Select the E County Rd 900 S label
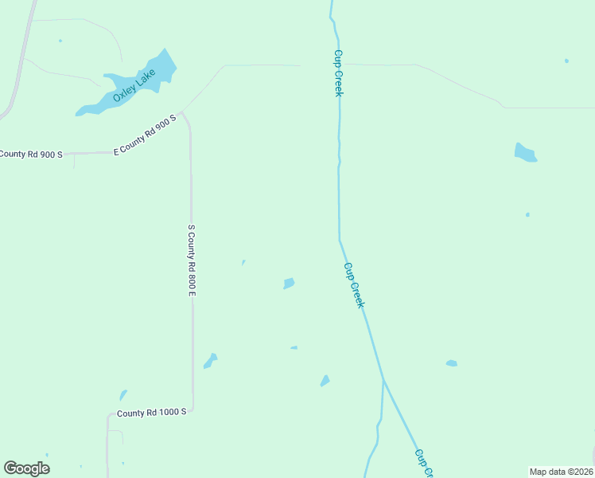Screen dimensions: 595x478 [144, 135]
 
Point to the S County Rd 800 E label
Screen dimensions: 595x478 [192, 261]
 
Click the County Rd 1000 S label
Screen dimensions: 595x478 [151, 413]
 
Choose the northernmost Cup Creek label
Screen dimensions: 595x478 [338, 73]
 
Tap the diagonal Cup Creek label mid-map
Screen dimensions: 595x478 [354, 285]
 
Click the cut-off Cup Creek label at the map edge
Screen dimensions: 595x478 [424, 463]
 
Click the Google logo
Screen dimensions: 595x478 [26, 468]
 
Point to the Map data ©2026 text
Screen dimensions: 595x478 [561, 472]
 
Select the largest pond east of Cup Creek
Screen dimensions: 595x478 [524, 152]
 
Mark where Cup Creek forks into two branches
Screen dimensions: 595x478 [383, 381]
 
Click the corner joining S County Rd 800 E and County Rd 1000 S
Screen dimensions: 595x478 [192, 409]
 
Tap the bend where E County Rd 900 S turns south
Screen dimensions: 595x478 [185, 114]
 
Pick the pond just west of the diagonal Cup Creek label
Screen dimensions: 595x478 [289, 283]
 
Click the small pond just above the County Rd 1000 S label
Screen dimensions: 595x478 [122, 395]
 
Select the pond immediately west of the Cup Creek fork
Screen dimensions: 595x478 [325, 381]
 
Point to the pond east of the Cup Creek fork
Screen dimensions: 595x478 [451, 363]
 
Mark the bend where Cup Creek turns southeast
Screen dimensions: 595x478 [340, 238]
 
